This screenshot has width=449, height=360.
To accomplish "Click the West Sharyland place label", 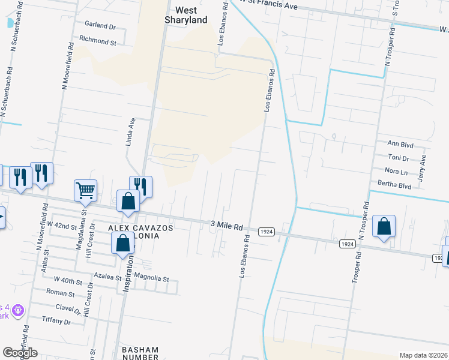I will (186, 15).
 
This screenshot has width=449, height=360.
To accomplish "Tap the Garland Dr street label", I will (100, 26).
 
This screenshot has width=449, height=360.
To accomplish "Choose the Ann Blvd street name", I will (401, 143).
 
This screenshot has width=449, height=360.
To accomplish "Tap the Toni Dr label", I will (397, 158).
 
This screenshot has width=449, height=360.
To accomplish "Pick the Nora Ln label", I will (397, 172).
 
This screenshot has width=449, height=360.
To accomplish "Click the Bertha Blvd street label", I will (394, 186).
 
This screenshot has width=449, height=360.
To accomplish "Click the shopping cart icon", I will (85, 190).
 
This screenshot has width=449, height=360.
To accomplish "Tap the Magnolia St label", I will (152, 279).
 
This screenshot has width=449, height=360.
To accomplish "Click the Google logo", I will (20, 353).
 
